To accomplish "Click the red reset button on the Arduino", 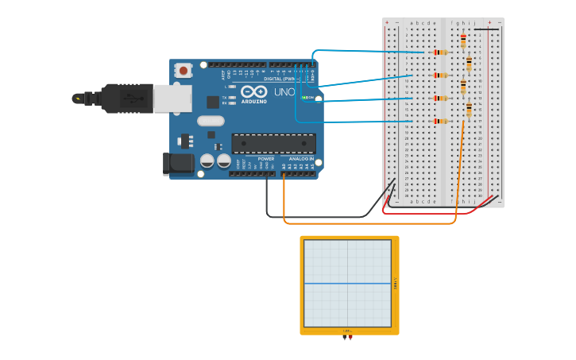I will coord(184,71).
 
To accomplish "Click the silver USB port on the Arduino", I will coord(172,98).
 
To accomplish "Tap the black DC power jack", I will coord(178,164).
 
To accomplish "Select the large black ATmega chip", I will coord(273,144).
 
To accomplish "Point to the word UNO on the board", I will coord(284,93).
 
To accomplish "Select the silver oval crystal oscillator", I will coord(211,121).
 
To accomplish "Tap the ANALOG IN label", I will coord(300,158).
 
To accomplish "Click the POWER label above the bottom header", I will coord(266,158).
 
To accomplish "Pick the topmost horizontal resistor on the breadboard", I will coord(440,52).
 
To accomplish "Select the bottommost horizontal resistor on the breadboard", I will coord(440,121).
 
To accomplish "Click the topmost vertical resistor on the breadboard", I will coord(463,40).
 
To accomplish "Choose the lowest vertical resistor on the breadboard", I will coord(469,109).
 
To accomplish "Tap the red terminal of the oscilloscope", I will coord(350,338).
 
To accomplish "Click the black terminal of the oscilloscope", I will coord(345,338).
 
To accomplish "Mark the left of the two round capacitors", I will coord(207,161).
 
